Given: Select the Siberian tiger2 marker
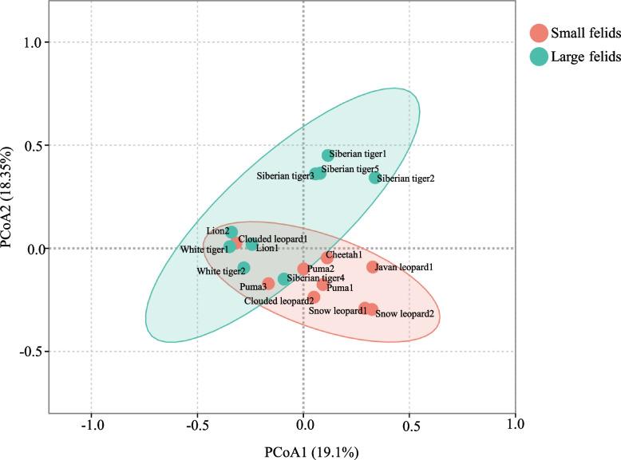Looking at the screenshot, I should coord(375,178).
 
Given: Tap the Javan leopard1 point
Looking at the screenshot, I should coord(372,267).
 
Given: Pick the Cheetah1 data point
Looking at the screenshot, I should coord(327,258).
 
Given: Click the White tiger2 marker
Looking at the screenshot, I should coord(244,268).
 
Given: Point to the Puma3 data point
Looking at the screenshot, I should coord(268,283).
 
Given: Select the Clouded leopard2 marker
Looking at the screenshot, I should coord(314,297).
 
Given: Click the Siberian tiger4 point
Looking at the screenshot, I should coord(284,279).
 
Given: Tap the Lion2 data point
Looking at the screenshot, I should coord(231,233).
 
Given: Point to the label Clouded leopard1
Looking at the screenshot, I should coord(273,238).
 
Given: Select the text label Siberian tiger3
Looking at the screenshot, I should coord(284,175).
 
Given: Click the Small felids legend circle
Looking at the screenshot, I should coord(540,33).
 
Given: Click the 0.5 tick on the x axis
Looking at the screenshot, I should coord(409,423).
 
